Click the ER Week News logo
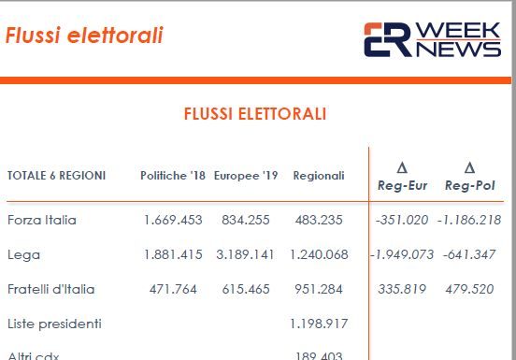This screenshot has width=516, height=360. click(x=431, y=39)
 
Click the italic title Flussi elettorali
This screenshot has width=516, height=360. click(x=84, y=36)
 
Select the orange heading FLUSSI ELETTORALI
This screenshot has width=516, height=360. click(x=255, y=114)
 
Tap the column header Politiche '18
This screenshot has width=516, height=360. click(x=173, y=175)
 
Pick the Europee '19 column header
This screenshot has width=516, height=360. click(x=246, y=175)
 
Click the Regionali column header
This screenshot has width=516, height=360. click(x=319, y=175)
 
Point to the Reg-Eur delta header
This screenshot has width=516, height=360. click(x=402, y=178)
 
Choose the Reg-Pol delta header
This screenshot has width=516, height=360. click(x=469, y=178)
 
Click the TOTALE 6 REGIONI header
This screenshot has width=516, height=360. click(x=56, y=175)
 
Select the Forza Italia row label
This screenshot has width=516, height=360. click(x=41, y=221)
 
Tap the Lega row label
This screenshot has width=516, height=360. click(x=23, y=254)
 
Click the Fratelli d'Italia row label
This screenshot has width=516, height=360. click(x=50, y=289)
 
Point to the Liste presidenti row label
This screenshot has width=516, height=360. click(x=53, y=324)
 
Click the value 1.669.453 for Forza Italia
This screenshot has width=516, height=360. click(x=173, y=221)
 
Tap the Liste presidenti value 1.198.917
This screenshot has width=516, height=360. click(x=319, y=324)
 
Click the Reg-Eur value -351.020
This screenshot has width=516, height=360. click(x=402, y=221)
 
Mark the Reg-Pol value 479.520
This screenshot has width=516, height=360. click(x=469, y=289)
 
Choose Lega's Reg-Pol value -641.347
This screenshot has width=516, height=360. click(x=469, y=254)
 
